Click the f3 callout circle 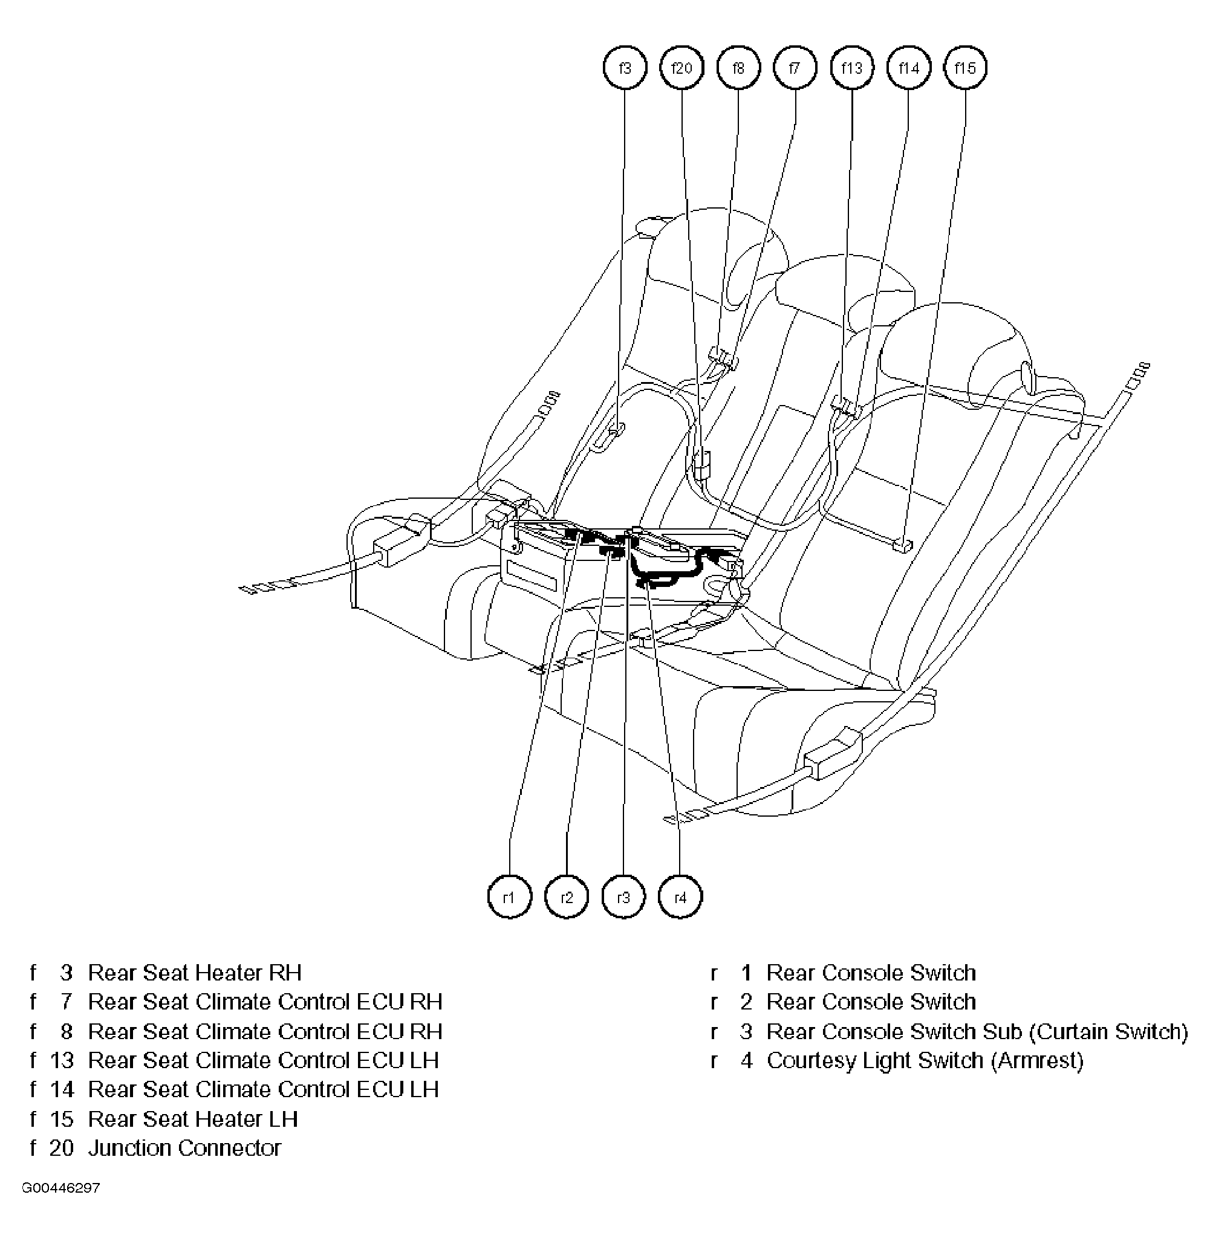pos(625,67)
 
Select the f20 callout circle pos(681,67)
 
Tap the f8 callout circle pos(738,67)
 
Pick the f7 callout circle pos(795,67)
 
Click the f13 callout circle pos(851,67)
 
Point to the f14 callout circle pos(909,67)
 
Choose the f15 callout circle pos(965,67)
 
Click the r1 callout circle pos(509,898)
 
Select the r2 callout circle pos(566,898)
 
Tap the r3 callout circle pos(623,898)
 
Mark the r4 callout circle pos(680,898)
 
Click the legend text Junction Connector pos(184,1148)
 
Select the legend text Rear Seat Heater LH pos(192,1118)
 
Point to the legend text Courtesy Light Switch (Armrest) pos(925,1060)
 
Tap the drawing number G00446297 pos(61,1188)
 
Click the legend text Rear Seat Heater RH pos(195,973)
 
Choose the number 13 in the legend pos(62,1060)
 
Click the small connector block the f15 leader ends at pos(902,545)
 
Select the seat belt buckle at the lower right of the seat pos(833,755)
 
